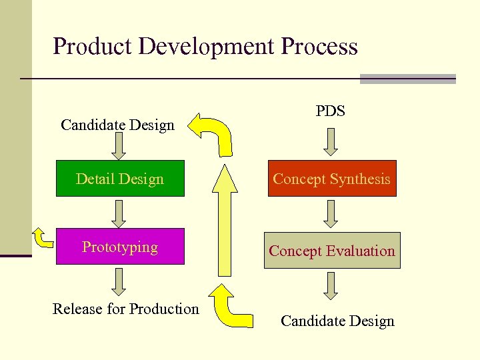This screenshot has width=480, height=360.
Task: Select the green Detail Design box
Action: point(120,179)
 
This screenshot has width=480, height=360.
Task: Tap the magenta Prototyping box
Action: point(120,247)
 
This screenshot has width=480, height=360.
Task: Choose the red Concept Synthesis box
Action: point(332,179)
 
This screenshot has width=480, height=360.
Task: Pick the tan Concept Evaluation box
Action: point(332,251)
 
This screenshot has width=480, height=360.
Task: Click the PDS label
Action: point(331,111)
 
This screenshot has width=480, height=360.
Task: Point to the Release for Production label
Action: point(126,309)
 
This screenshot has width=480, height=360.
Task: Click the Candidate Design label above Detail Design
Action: point(117,125)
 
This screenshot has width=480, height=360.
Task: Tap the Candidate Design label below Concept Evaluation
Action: point(337,321)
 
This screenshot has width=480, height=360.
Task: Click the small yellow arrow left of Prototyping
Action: point(43,237)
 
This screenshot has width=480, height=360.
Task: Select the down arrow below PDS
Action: point(331,141)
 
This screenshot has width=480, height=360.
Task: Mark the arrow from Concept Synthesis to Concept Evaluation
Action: point(331,214)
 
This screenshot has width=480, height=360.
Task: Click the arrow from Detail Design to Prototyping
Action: point(119,213)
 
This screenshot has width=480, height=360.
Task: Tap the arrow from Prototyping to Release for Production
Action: point(119,281)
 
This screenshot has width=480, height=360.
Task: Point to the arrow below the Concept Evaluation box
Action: point(331,286)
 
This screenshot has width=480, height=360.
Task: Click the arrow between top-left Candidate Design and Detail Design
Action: point(119,146)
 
